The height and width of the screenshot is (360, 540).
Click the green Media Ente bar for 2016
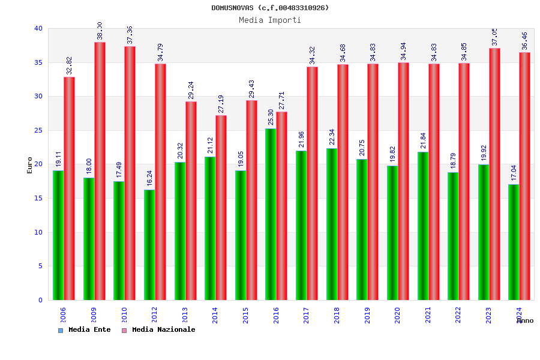271,214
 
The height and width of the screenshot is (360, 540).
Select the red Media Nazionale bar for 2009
100,171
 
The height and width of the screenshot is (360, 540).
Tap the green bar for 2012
149,245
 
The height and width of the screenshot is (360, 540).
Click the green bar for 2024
514,242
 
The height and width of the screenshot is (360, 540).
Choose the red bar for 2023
494,174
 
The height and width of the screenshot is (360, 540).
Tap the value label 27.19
221,104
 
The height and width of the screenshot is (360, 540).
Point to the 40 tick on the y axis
38,28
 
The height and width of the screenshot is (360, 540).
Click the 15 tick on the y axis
38,198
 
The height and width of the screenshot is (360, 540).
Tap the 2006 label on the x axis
63,316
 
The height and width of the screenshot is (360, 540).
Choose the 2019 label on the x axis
367,316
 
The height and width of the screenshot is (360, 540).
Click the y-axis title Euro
30,165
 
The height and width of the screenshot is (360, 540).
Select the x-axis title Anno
525,320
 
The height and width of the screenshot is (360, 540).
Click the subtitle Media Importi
270,20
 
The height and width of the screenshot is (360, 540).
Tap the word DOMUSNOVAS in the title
232,8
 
